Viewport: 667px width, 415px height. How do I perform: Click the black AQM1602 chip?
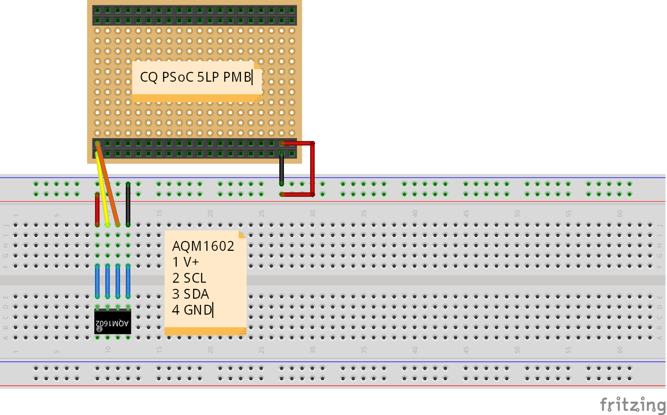[x=113, y=322]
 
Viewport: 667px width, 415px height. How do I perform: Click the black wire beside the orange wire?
[x=128, y=204]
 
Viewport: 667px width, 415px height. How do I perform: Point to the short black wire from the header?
[x=282, y=169]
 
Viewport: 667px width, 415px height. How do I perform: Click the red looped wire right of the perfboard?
[x=312, y=169]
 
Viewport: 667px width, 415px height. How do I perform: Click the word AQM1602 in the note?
[x=203, y=246]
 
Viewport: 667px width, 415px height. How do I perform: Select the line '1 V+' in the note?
[x=186, y=262]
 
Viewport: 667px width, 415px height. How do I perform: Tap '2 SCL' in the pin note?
[x=189, y=278]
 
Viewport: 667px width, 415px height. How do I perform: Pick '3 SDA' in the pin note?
[x=191, y=294]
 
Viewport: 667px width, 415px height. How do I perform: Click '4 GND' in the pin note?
[x=192, y=310]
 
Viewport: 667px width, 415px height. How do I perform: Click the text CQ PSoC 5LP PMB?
[x=196, y=77]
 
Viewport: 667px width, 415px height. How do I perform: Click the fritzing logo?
[x=632, y=405]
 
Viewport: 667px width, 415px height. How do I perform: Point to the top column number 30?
[x=313, y=213]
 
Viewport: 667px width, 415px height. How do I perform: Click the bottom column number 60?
[x=619, y=350]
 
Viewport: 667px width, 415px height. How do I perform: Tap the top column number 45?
[x=466, y=213]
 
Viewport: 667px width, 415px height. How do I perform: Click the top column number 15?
[x=159, y=213]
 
